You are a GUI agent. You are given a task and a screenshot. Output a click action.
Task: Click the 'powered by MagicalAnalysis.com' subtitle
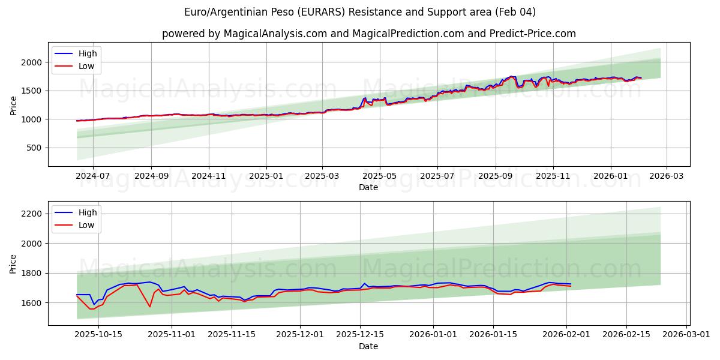pyautogui.click(x=368, y=34)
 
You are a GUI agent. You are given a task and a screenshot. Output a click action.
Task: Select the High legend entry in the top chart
pyautogui.click(x=88, y=53)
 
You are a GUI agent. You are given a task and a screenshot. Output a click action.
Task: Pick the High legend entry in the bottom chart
pyautogui.click(x=88, y=212)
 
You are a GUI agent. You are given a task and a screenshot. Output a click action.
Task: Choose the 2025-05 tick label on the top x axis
pyautogui.click(x=379, y=176)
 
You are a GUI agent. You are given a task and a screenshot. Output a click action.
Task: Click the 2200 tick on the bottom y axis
pyautogui.click(x=31, y=214)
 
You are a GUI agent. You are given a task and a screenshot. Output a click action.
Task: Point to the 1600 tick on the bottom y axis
pyautogui.click(x=31, y=303)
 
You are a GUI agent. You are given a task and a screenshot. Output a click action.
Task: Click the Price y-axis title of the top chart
pyautogui.click(x=13, y=105)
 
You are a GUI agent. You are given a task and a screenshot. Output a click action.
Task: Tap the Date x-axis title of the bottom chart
pyautogui.click(x=368, y=346)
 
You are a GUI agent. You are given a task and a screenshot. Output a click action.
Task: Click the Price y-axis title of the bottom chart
pyautogui.click(x=13, y=264)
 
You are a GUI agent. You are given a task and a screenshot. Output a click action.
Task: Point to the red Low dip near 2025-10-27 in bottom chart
pyautogui.click(x=149, y=307)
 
